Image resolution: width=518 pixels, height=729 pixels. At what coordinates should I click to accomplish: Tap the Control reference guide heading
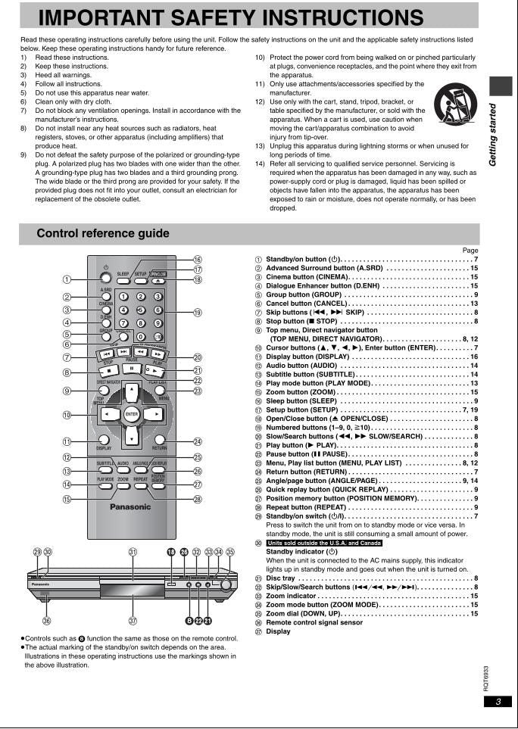tap(103, 233)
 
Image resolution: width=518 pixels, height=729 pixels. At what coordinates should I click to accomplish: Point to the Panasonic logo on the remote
tap(130, 506)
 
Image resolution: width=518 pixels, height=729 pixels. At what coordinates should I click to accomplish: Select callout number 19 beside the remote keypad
tap(198, 312)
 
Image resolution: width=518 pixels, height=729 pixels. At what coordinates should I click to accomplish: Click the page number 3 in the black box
tap(498, 702)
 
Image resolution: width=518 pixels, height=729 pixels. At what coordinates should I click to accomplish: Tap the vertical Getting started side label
tap(493, 135)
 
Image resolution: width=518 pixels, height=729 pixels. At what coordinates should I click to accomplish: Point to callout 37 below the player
tap(133, 621)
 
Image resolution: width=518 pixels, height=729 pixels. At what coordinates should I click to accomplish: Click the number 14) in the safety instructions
tap(260, 164)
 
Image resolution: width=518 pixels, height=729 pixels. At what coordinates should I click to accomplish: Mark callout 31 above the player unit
tap(133, 552)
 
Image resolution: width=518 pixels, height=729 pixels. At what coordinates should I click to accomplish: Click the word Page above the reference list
tap(470, 250)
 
